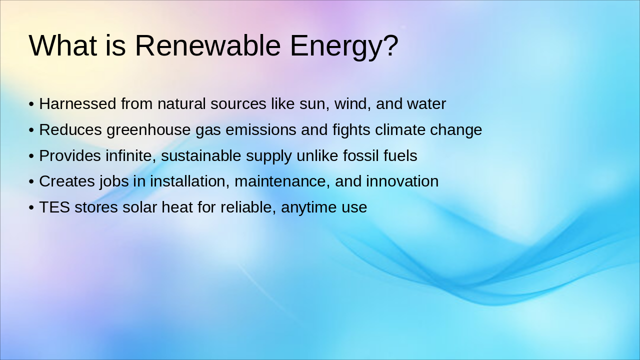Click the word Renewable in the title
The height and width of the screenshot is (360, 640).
coord(207,45)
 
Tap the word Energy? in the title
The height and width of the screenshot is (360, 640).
coord(344,46)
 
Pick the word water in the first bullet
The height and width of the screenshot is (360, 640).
coord(426,104)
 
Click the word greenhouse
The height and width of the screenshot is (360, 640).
coord(148,130)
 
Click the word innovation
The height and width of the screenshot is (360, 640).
coord(402,181)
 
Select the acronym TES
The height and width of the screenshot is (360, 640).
coord(54,207)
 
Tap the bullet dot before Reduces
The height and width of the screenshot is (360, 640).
coord(31,130)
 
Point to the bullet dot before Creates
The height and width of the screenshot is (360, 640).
coord(31,182)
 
